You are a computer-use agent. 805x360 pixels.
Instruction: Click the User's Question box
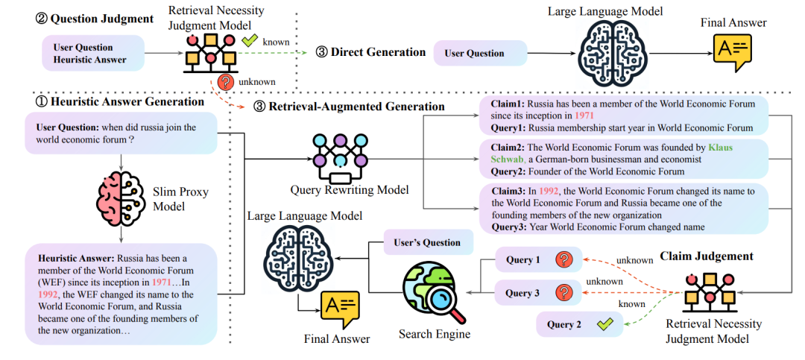pyautogui.click(x=426, y=242)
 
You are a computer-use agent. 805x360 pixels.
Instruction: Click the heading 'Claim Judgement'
pyautogui.click(x=707, y=256)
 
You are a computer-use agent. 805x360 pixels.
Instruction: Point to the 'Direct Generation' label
pyautogui.click(x=370, y=52)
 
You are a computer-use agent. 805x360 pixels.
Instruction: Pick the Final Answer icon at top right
pyautogui.click(x=733, y=53)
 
